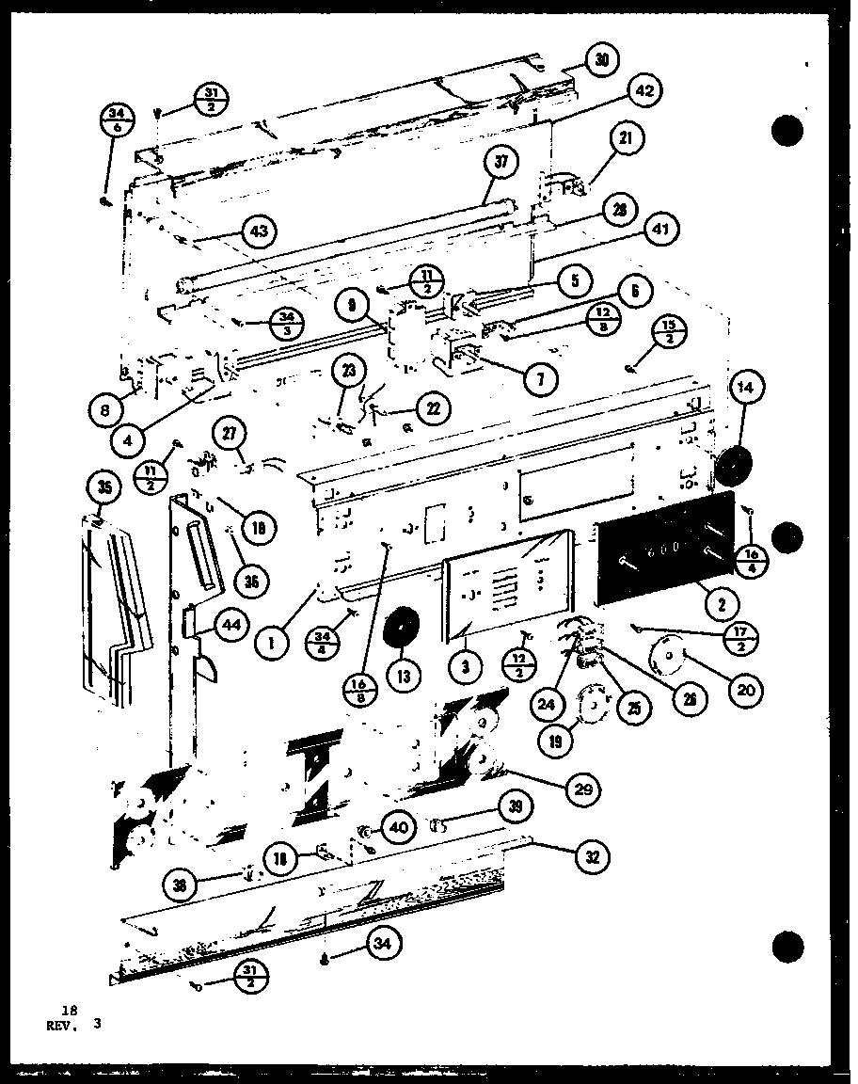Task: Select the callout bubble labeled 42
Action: point(643,91)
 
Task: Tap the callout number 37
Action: point(500,163)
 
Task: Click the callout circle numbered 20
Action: point(746,690)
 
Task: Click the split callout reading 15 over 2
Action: point(668,331)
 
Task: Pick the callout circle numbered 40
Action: point(397,828)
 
